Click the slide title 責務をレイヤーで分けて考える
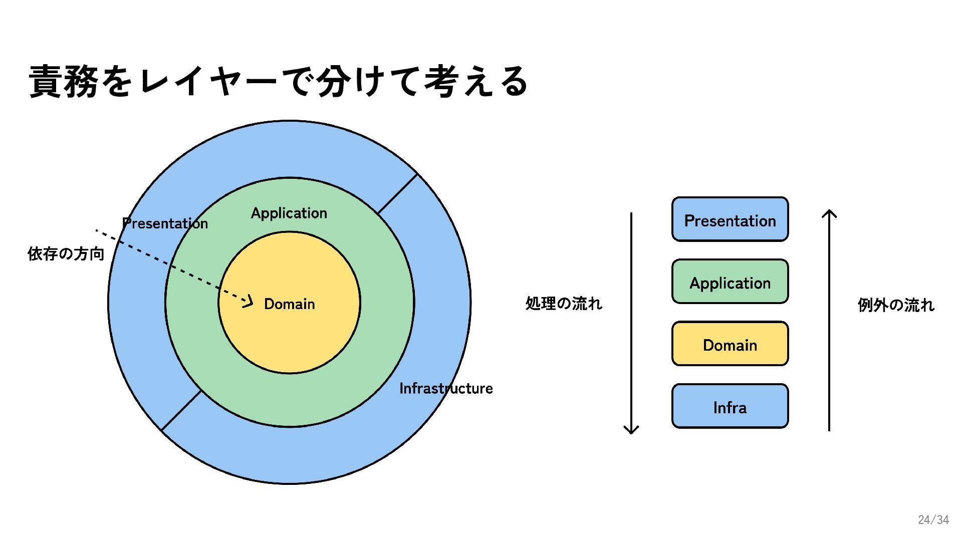coord(279,82)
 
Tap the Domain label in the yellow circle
coord(289,304)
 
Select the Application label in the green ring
coord(289,213)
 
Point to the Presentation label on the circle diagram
coord(165,223)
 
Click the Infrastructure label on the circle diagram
coord(446,389)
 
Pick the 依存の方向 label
coord(66,254)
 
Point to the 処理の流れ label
coord(564,304)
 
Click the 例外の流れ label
coord(896,305)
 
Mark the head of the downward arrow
coord(631,430)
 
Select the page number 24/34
coord(933,520)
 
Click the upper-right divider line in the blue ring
coord(397,194)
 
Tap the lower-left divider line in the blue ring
coord(181,410)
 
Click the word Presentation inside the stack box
coord(730,221)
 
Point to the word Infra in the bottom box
coord(730,408)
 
